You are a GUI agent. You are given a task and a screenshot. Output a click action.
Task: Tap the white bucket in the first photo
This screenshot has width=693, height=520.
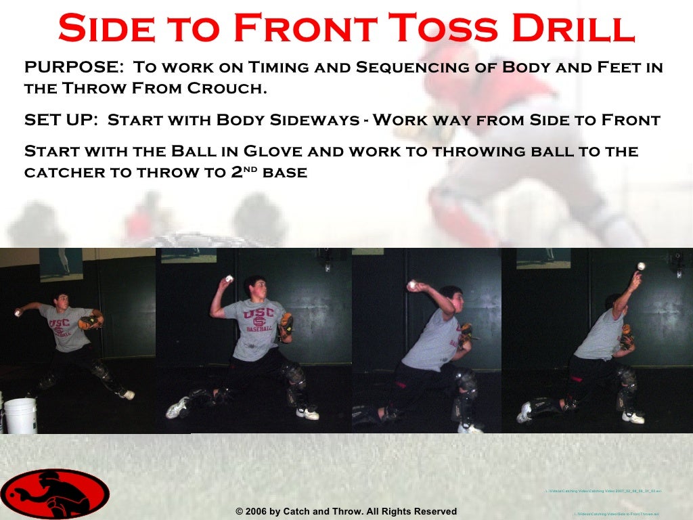[x=20, y=414]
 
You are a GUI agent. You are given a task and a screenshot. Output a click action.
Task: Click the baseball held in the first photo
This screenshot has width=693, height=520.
[x=18, y=313]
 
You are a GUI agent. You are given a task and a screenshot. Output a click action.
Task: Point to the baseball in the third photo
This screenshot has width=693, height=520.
[x=411, y=286]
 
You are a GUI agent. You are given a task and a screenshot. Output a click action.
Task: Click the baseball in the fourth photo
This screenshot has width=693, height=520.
[x=641, y=266]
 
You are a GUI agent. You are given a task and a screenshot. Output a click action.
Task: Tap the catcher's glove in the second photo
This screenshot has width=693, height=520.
[x=286, y=326]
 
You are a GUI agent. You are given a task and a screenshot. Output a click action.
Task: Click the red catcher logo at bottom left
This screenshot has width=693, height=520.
[x=54, y=494]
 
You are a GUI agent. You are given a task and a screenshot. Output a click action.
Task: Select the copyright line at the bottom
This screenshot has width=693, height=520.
[x=346, y=511]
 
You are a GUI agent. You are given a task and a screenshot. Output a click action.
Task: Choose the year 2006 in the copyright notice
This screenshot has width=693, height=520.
[x=256, y=511]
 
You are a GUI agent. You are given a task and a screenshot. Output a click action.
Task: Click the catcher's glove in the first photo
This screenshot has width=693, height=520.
[x=89, y=322]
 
